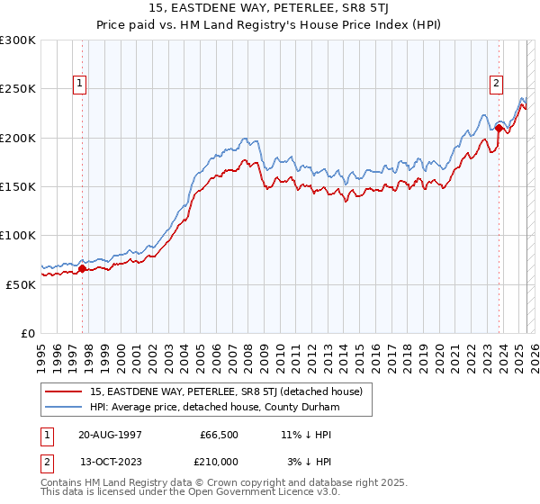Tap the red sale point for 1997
point(82,268)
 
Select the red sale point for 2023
point(499,128)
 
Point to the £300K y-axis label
point(18,40)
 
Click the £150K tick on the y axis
point(18,186)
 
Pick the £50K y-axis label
point(22,283)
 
